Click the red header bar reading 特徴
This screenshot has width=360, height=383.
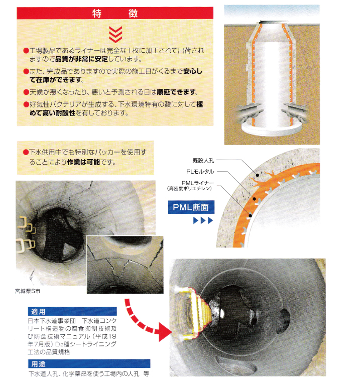115,13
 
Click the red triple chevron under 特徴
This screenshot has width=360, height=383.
115,34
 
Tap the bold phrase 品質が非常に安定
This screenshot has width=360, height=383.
82,59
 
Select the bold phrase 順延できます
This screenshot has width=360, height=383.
177,92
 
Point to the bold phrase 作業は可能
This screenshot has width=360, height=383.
83,162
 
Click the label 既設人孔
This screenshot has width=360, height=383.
203,161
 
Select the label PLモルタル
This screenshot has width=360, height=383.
200,172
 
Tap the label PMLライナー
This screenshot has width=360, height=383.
198,183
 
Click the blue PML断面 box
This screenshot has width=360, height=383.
191,207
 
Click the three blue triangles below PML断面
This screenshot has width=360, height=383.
203,220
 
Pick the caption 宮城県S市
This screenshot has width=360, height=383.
28,291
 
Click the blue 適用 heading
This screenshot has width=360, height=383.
72,311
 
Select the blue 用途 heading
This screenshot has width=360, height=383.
89,364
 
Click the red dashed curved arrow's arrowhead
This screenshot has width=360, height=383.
164,331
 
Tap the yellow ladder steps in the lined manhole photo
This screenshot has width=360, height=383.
192,311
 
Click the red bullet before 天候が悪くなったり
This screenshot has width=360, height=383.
26,92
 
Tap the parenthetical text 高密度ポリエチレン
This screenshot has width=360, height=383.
189,189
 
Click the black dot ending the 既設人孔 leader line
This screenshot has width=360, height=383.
258,175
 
